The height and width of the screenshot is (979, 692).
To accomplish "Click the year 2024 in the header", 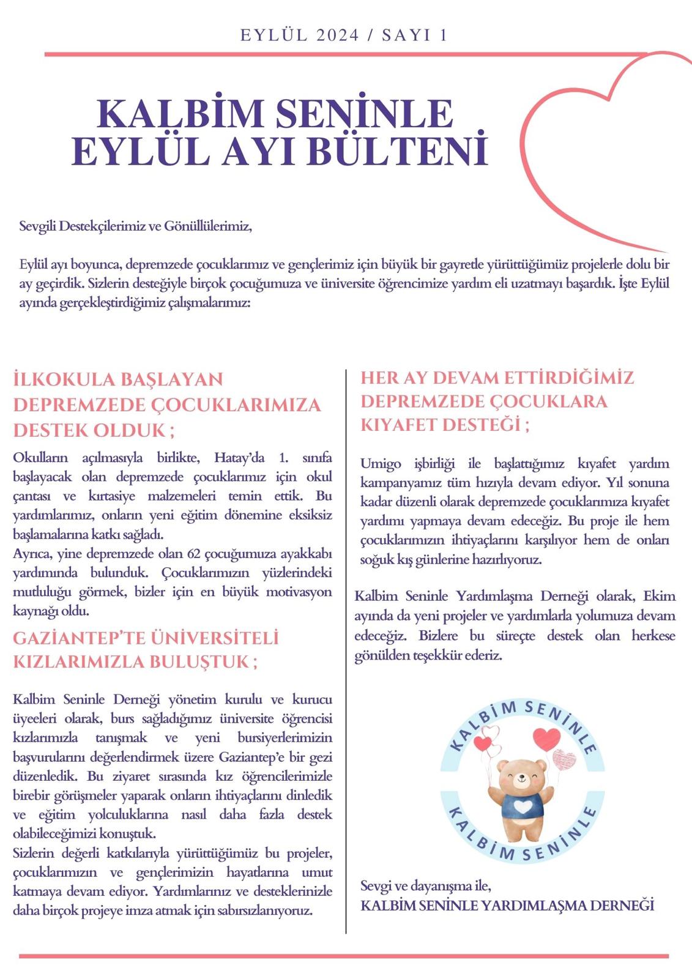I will point(338,35).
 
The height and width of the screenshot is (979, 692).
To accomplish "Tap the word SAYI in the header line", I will point(408,35).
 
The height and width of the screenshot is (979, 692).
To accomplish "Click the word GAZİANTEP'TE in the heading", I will point(73,638).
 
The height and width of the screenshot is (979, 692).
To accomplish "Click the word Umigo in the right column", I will point(378,463).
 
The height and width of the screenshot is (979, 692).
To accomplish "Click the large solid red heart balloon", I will point(546,737).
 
